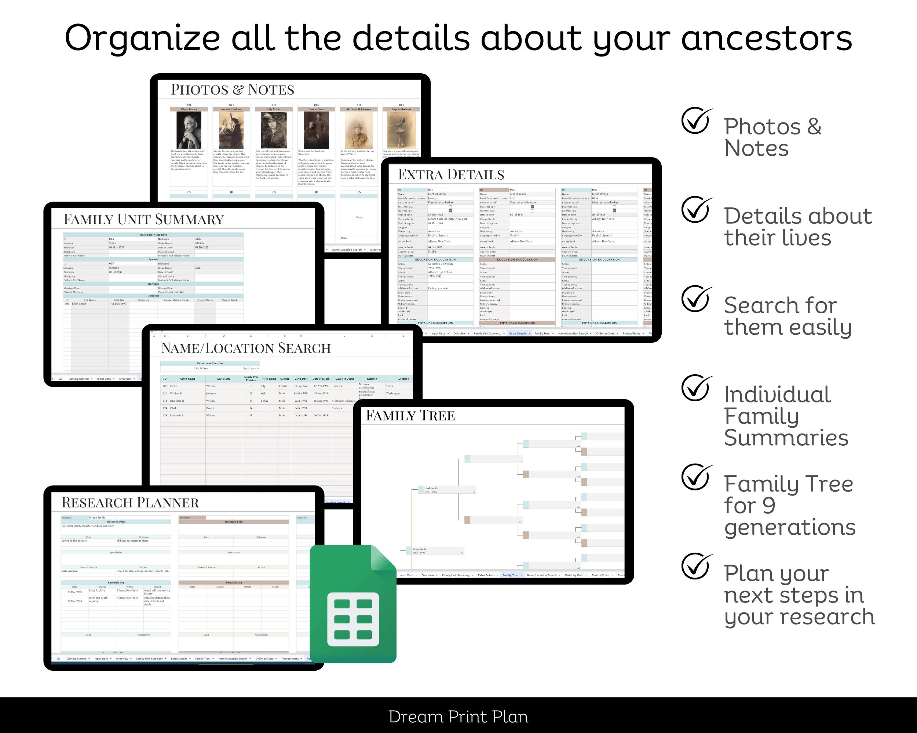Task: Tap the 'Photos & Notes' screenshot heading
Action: tap(232, 90)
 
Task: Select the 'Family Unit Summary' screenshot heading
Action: tap(143, 219)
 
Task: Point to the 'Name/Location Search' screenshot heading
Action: tap(245, 348)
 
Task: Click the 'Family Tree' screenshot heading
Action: tap(410, 415)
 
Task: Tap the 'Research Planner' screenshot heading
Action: tap(130, 503)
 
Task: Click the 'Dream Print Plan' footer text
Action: tap(458, 717)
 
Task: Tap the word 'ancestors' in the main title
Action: tap(767, 38)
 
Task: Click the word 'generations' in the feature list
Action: tap(789, 527)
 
